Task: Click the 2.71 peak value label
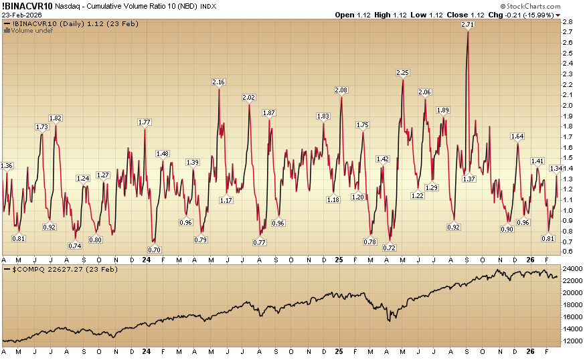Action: [468, 25]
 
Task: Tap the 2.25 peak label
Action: [403, 72]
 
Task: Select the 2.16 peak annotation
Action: [218, 82]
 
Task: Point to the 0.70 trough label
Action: [154, 250]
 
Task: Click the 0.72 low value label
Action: [390, 248]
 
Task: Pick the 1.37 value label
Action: [469, 179]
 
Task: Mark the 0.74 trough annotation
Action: [75, 246]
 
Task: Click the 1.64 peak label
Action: [517, 137]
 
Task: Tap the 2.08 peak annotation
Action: [341, 90]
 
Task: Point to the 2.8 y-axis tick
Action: [567, 22]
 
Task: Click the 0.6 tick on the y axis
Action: [567, 252]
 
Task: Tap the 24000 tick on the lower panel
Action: [572, 269]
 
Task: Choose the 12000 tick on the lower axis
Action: [572, 341]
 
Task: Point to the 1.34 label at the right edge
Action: [557, 168]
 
